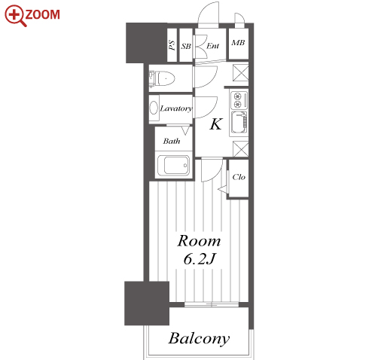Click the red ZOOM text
pos(42,14)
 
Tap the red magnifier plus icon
pos(15,16)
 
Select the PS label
pos(172,45)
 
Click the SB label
pos(186,46)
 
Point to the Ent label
pos(212,46)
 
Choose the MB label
pos(238,43)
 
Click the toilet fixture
pos(162,78)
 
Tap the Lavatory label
pos(176,108)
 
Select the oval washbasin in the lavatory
pos(154,108)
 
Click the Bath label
pos(172,141)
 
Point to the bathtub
pos(173,165)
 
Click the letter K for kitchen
pos(216,124)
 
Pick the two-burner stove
pos(239,100)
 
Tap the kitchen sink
pos(239,122)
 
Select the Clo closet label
pos(239,177)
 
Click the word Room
pos(199,241)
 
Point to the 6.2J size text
pos(200,259)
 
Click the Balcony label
pos(199,339)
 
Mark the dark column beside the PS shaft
pos(146,43)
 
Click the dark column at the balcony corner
pos(147,304)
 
